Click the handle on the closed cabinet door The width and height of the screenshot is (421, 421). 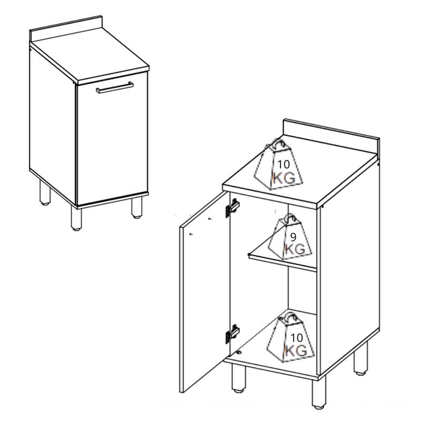point(115,87)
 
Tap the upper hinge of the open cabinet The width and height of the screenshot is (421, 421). point(233,207)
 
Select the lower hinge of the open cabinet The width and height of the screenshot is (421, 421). point(233,334)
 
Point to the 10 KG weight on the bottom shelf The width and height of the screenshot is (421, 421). point(290,337)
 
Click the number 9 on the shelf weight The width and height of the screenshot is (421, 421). point(293,237)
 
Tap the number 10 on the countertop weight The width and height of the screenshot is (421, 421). point(284,164)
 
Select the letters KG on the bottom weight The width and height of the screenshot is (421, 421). point(296,350)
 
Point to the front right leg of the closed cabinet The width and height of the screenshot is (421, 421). point(137,207)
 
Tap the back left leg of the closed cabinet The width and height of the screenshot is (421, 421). point(45,193)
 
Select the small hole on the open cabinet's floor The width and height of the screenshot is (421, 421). point(239,352)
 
